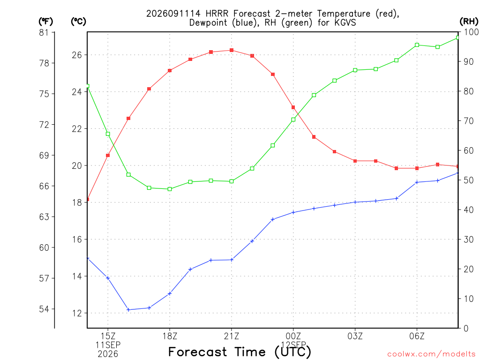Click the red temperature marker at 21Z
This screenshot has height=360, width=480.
[x=232, y=50]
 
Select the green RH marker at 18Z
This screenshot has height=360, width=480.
[x=170, y=189]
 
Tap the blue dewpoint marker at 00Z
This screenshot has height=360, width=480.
[x=293, y=212]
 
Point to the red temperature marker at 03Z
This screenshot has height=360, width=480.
[x=355, y=161]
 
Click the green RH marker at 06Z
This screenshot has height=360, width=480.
[x=417, y=45]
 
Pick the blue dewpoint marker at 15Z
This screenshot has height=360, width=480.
[x=108, y=278]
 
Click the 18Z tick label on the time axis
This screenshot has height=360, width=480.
[x=170, y=337]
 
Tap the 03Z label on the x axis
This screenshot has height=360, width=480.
[x=355, y=337]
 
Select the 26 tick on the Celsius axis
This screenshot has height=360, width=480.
[x=77, y=55]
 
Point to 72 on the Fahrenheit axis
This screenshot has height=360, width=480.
[x=44, y=125]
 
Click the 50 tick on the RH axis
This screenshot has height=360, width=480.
[x=469, y=180]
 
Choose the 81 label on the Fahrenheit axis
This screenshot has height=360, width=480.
[x=44, y=32]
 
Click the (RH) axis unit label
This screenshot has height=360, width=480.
[x=469, y=22]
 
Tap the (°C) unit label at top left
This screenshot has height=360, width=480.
[x=78, y=22]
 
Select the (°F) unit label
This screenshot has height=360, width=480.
[x=45, y=22]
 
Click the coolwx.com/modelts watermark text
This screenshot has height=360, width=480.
[x=431, y=354]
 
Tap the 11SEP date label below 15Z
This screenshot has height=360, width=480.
[x=108, y=345]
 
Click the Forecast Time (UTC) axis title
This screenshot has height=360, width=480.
[x=240, y=352]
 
